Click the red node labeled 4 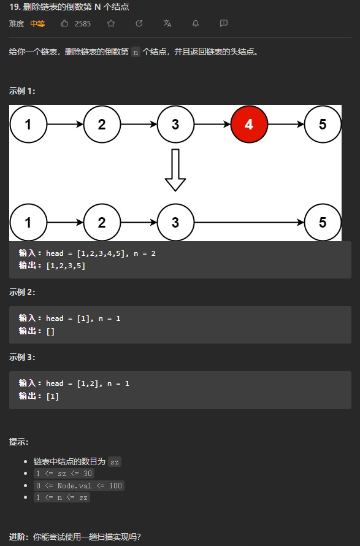click(x=249, y=125)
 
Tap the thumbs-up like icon click(x=64, y=23)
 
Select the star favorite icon click(x=111, y=23)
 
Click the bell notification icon click(x=196, y=23)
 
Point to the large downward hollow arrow click(x=175, y=170)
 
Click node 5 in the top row click(x=323, y=125)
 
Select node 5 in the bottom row click(x=323, y=222)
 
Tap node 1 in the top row click(x=28, y=125)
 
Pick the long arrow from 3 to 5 click(x=249, y=222)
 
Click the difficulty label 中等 click(x=37, y=24)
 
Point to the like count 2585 click(x=83, y=24)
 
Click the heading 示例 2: click(x=22, y=292)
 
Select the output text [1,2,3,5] click(x=66, y=266)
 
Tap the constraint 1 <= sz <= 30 click(x=64, y=474)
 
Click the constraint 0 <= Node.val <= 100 click(x=79, y=485)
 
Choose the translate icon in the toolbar click(x=167, y=23)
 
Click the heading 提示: click(x=19, y=442)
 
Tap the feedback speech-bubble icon click(x=224, y=23)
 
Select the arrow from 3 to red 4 click(x=212, y=125)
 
